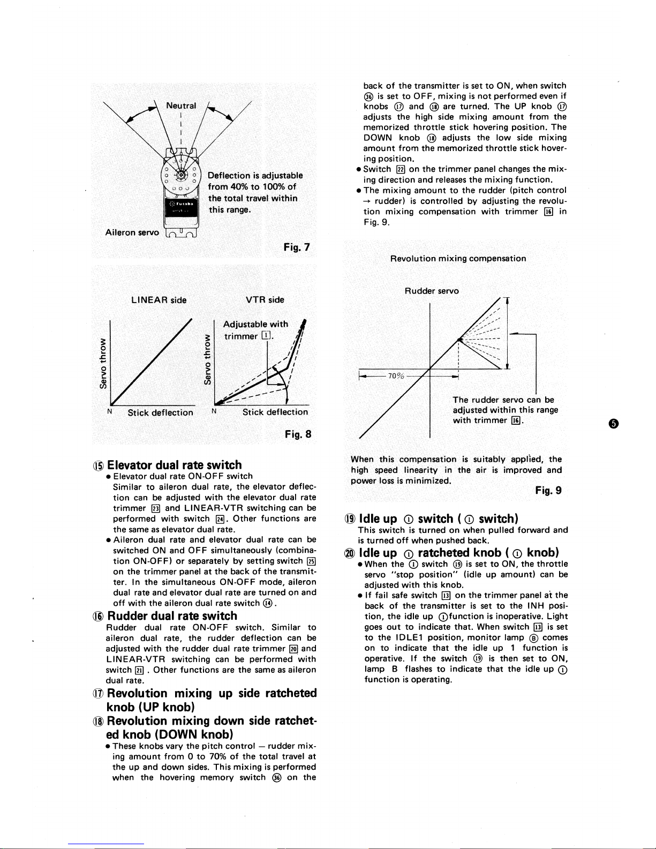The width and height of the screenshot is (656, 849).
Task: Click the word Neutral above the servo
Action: tap(181, 106)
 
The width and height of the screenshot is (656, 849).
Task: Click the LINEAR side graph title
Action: tap(159, 300)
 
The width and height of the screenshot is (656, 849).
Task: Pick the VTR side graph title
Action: tap(265, 300)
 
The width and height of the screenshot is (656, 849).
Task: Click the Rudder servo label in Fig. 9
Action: tap(432, 291)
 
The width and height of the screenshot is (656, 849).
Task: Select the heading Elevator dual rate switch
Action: tap(175, 464)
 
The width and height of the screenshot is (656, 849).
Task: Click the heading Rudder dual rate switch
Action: tap(172, 615)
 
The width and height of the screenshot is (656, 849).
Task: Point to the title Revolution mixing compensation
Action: tap(458, 258)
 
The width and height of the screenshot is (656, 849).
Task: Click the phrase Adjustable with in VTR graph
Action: tap(255, 324)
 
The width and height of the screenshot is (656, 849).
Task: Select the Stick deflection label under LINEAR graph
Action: tap(160, 412)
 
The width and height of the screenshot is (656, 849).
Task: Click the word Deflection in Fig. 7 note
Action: tap(229, 175)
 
